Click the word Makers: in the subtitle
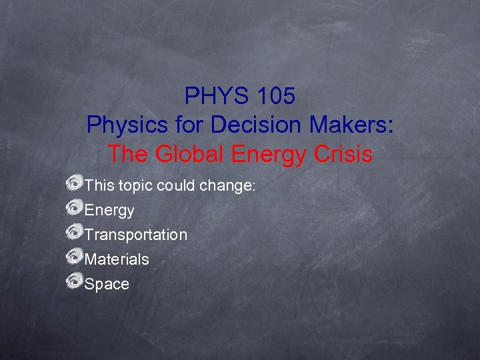coord(353,125)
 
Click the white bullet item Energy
coord(109,211)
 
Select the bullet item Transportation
coord(136,235)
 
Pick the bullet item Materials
coord(117,259)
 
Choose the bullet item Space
coord(107,284)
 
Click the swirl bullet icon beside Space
coord(74,281)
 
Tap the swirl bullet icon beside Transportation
coord(74,232)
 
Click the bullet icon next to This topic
coord(74,183)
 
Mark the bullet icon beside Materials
coord(74,257)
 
